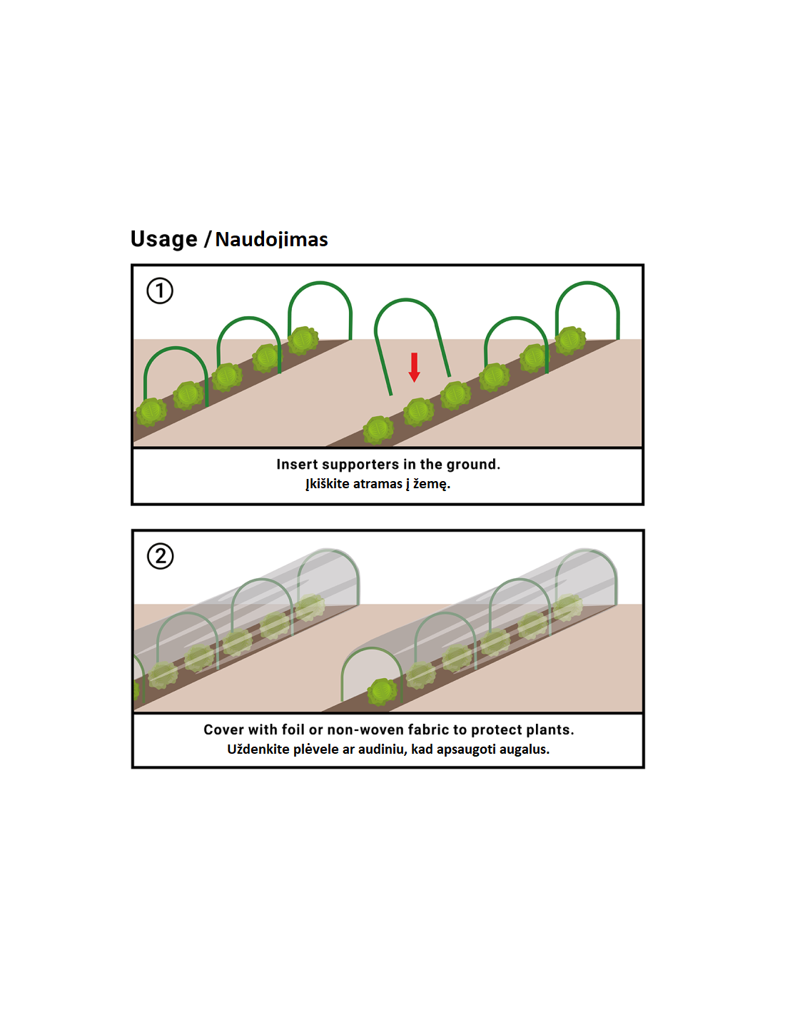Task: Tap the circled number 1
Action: [160, 291]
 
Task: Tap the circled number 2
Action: [160, 556]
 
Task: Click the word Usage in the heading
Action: [164, 239]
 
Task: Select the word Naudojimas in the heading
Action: [271, 240]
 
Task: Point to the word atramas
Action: [378, 484]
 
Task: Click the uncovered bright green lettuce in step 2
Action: [382, 692]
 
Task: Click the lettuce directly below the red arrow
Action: [418, 412]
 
